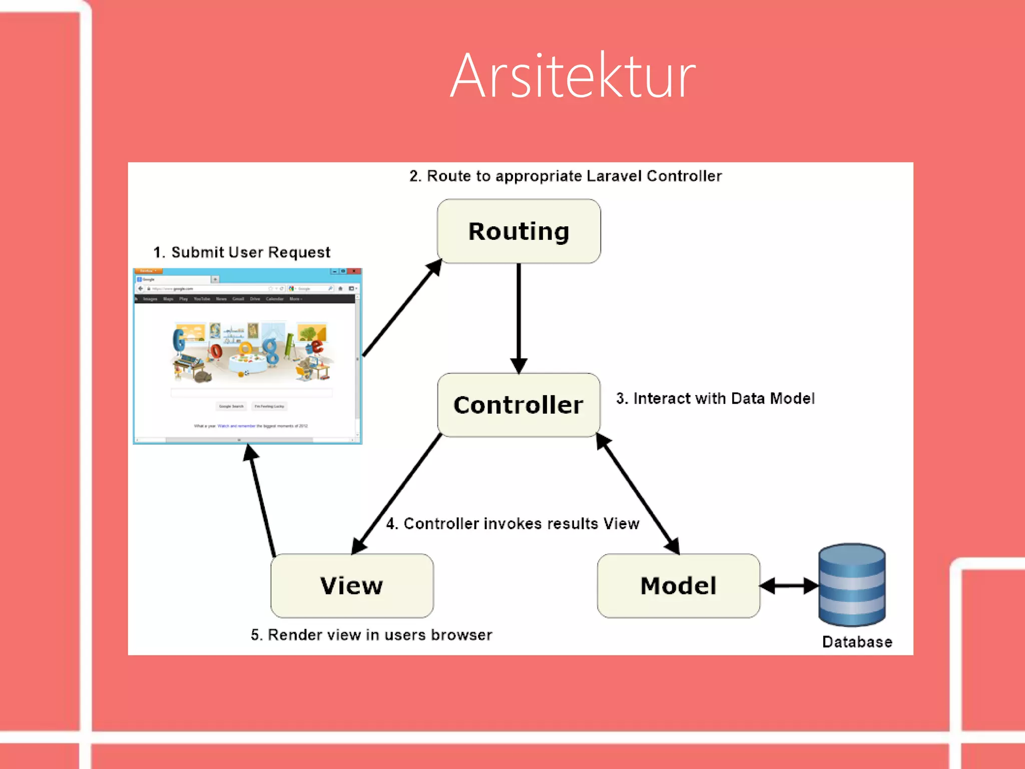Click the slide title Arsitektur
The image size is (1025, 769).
click(x=573, y=76)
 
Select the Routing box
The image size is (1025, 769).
click(x=519, y=231)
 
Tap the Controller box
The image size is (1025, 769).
click(x=519, y=405)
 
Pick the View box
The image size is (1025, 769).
click(x=352, y=585)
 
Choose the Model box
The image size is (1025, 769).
click(x=678, y=585)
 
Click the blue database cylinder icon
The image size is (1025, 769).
click(x=852, y=584)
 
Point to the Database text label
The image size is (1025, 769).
click(x=857, y=642)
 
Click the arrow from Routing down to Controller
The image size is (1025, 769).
click(x=519, y=315)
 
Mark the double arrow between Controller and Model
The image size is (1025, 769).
click(x=638, y=494)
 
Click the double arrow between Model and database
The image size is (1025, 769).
click(x=789, y=585)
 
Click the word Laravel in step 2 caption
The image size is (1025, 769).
click(x=614, y=176)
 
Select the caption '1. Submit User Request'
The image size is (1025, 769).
click(x=242, y=252)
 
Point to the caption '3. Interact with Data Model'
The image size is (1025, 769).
click(x=715, y=399)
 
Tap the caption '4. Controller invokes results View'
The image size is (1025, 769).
click(x=512, y=524)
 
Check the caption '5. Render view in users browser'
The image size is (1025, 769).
click(x=371, y=635)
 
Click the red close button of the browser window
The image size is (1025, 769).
click(x=354, y=271)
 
